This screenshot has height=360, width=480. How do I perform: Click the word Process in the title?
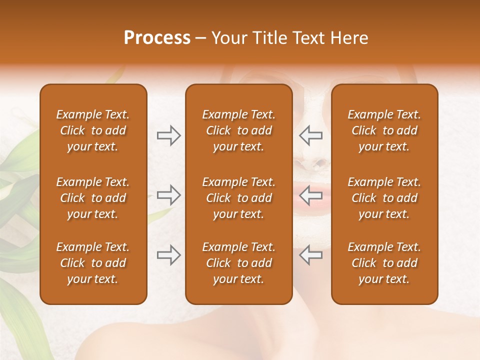157,38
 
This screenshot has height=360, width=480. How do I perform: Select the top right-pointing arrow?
168,135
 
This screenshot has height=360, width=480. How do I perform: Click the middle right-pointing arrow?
168,195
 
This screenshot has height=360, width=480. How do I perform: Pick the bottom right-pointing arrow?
168,255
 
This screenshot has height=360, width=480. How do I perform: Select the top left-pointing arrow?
311,135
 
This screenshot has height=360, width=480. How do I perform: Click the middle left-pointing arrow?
311,195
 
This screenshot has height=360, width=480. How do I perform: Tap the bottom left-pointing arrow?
311,255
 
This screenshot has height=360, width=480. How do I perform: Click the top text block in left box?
93,130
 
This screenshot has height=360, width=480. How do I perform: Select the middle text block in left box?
93,198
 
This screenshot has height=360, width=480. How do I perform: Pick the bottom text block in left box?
93,263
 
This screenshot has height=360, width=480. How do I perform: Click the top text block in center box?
238,130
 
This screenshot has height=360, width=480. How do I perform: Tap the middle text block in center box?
238,198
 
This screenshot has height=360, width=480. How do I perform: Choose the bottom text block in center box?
238,263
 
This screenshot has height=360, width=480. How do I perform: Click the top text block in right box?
384,130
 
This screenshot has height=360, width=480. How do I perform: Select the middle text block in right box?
384,198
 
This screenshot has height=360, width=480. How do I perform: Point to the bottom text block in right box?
384,263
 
